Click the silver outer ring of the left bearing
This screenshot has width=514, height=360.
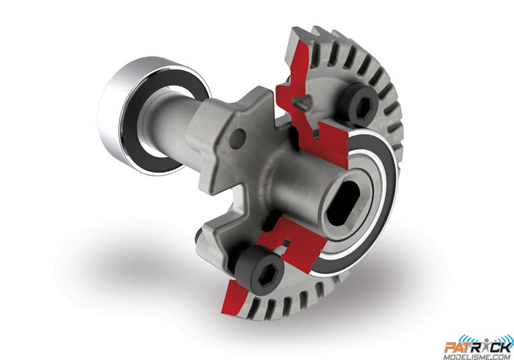(x=111, y=108)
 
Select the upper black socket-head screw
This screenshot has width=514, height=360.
(x=359, y=104)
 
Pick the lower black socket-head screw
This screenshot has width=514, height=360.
(x=259, y=269)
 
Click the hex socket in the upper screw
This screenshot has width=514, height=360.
(x=362, y=105)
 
